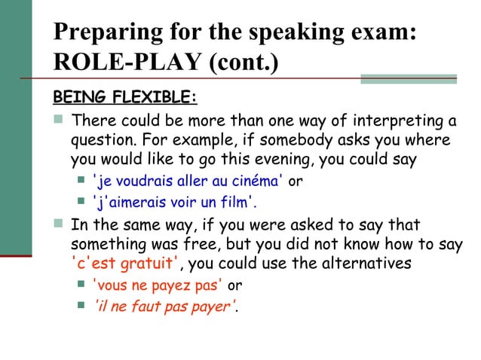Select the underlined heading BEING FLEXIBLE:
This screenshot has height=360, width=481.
pyautogui.click(x=124, y=98)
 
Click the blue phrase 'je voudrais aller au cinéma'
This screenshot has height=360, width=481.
pyautogui.click(x=187, y=181)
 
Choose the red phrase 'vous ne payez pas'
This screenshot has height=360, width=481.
pyautogui.click(x=158, y=285)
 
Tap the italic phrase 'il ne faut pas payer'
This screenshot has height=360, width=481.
pyautogui.click(x=162, y=306)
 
